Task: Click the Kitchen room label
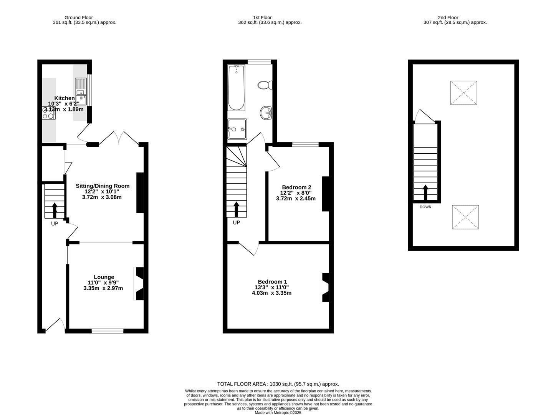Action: pos(64,98)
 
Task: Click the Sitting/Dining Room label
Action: pos(107,186)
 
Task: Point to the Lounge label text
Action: pos(104,277)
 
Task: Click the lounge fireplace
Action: pos(139,284)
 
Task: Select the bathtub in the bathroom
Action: pos(236,88)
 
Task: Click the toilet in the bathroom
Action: pos(265,85)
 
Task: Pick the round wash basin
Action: pos(266,113)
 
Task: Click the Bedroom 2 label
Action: pos(296,188)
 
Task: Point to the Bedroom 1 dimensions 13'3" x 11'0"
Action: pos(272,287)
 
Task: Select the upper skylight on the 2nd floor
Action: pos(463,93)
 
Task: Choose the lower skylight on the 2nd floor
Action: pos(465,217)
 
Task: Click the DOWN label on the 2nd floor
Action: pos(425,207)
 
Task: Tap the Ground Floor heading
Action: pos(78,17)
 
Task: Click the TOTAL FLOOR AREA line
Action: pos(278,384)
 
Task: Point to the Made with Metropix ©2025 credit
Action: pos(278,413)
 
